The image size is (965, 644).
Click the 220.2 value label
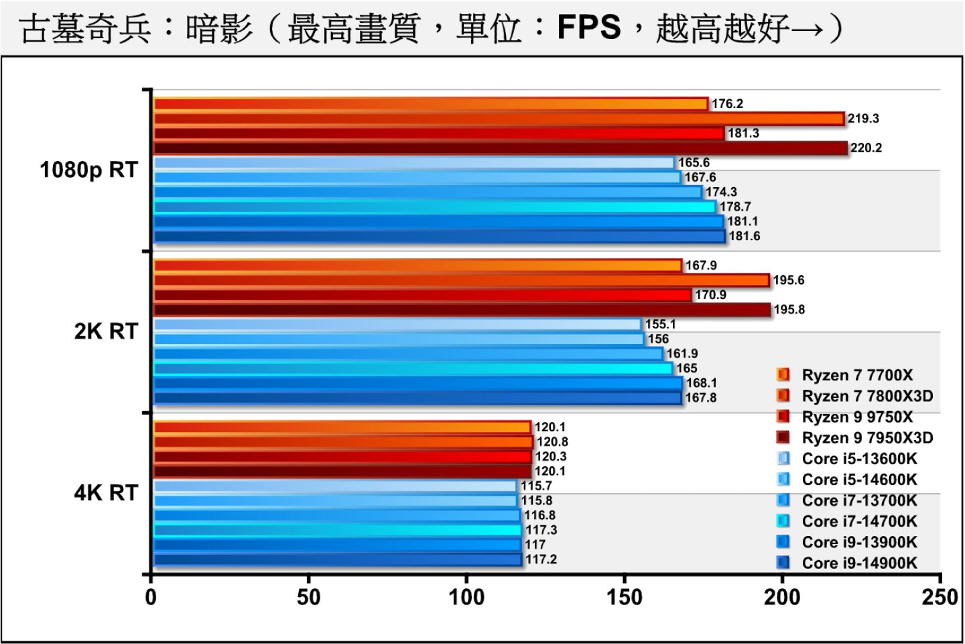pos(866,148)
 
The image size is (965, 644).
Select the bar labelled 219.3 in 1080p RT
pos(499,119)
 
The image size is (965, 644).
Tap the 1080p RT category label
pos(89,170)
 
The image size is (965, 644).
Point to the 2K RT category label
pos(106,331)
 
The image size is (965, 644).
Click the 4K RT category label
pos(106,493)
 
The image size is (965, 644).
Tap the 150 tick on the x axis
pos(625,597)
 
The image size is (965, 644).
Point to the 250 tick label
pos(940,597)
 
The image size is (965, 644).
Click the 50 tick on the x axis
pos(309,597)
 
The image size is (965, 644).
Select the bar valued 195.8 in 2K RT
pos(462,310)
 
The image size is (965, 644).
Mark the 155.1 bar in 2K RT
pos(398,325)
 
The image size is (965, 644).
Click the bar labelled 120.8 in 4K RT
pos(343,442)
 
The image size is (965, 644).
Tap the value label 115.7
pos(536,486)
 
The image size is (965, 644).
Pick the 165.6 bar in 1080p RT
pos(414,163)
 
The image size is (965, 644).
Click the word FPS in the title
pos(589,28)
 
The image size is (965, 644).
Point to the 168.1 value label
pos(701,383)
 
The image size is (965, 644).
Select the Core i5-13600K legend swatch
pos(783,459)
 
